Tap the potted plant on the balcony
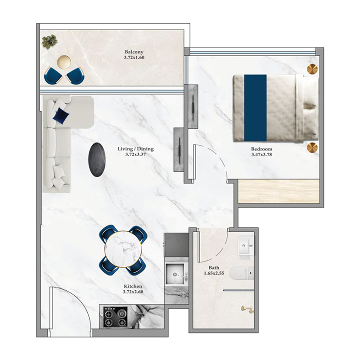[49, 41]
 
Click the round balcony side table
[64, 62]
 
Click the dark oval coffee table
[98, 160]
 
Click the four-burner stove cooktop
[115, 317]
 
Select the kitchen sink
[175, 273]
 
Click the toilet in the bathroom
[241, 273]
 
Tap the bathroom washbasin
[246, 246]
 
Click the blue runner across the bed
[256, 108]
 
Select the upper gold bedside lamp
[312, 69]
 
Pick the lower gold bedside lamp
[312, 148]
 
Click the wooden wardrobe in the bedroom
[279, 191]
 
